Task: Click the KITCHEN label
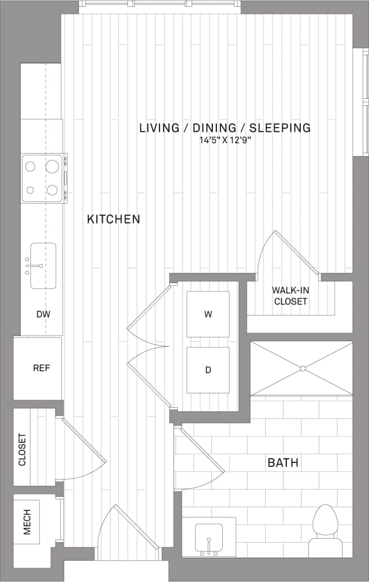tap(114, 219)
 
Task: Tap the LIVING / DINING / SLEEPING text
tap(224, 128)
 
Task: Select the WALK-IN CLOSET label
tap(290, 296)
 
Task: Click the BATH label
tap(282, 462)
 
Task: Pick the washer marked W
tap(208, 314)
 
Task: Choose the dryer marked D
tap(208, 370)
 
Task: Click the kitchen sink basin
tap(43, 266)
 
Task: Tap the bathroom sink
tap(209, 537)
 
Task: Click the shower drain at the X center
tap(301, 368)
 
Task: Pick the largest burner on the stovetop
tap(52, 167)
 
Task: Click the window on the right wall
tap(364, 101)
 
